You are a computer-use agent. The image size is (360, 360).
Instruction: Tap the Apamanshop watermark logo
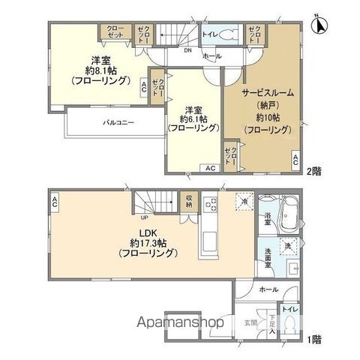(x=179, y=323)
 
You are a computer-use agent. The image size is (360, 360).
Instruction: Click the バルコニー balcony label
(x=118, y=121)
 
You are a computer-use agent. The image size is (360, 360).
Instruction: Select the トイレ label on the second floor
(x=211, y=34)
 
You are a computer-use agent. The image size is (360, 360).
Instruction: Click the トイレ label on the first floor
(x=289, y=310)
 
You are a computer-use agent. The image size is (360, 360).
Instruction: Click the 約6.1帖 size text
(x=193, y=118)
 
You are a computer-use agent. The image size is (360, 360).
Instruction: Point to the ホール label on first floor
(x=265, y=288)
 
